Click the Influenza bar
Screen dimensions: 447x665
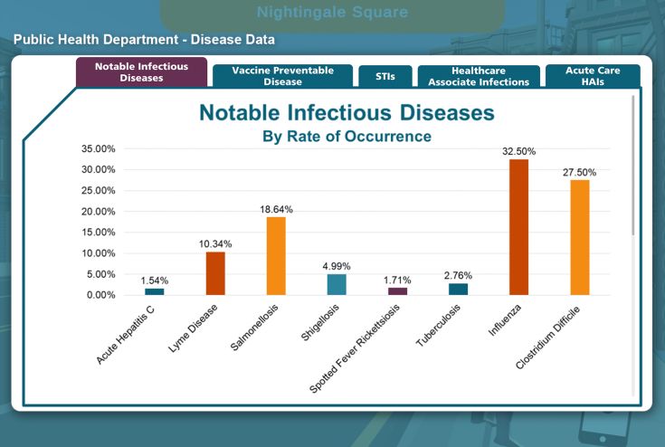click(x=518, y=227)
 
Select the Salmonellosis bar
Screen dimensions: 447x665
click(x=276, y=256)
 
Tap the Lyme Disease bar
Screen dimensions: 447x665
click(x=215, y=273)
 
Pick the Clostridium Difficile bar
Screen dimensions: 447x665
click(x=579, y=237)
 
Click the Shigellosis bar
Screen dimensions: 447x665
click(x=337, y=284)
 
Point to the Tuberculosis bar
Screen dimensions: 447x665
click(x=458, y=290)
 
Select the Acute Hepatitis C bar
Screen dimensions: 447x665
click(x=155, y=291)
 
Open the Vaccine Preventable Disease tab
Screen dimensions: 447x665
click(x=282, y=76)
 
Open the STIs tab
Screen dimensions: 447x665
click(x=385, y=77)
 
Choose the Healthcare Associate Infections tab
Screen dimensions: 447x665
click(x=479, y=76)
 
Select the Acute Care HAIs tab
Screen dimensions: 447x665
click(x=593, y=76)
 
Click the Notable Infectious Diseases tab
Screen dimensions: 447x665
click(x=141, y=72)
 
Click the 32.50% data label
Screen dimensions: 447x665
click(x=519, y=152)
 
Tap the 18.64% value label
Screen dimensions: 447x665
click(x=276, y=209)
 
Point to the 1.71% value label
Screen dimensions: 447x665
click(x=398, y=280)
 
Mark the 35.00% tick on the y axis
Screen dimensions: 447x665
click(x=98, y=148)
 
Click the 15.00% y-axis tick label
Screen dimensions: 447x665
click(x=98, y=233)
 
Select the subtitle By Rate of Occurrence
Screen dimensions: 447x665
click(x=347, y=137)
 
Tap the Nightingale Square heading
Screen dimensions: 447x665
click(x=332, y=13)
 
